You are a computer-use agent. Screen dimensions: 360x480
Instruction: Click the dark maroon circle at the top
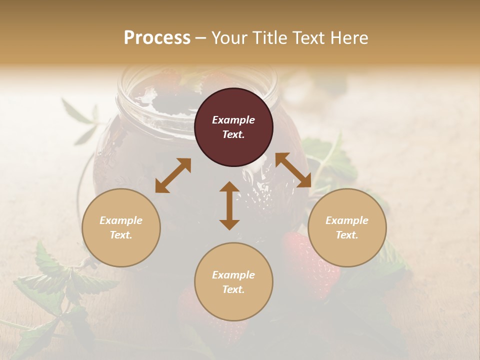233,127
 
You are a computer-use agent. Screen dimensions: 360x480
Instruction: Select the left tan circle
121,228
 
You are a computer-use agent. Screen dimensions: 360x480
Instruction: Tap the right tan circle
347,228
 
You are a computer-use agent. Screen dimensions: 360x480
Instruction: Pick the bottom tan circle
233,282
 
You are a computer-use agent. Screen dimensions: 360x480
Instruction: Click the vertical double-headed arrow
229,205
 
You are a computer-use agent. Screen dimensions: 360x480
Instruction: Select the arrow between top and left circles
173,175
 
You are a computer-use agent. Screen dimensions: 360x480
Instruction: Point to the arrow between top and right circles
293,170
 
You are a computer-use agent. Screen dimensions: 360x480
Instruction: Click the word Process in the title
157,37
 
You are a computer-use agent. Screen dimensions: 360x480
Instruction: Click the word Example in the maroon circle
233,120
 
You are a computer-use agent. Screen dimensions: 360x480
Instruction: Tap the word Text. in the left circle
121,235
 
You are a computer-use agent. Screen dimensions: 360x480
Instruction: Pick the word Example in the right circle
347,220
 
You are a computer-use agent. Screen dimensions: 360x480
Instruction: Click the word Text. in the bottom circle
233,289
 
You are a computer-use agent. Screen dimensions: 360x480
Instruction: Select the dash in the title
200,38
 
